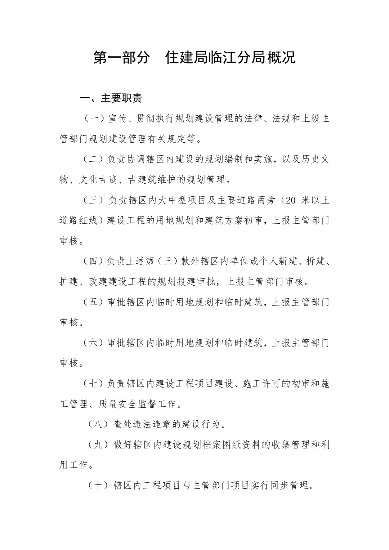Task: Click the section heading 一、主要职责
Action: point(111,98)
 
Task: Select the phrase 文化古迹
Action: point(99,180)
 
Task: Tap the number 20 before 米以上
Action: point(290,200)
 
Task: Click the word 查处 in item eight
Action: point(123,424)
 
